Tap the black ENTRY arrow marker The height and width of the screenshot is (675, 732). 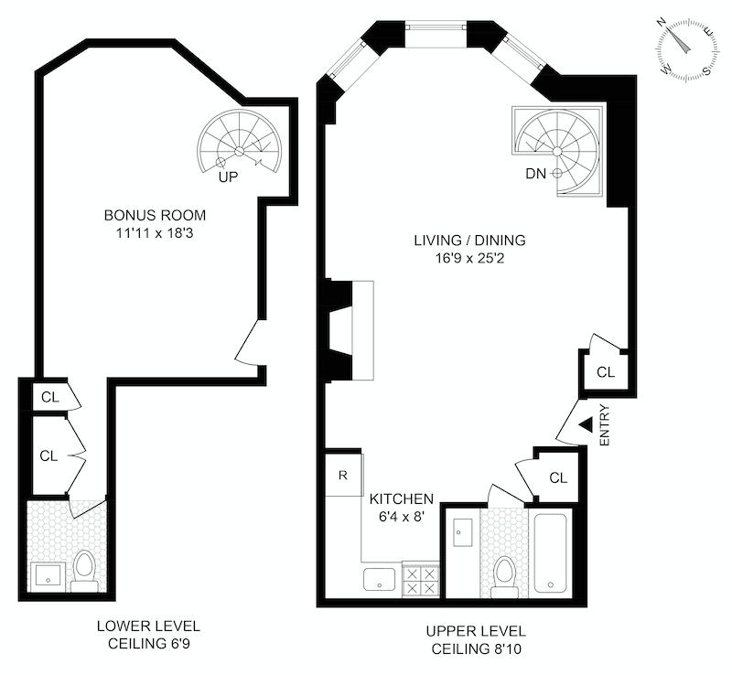coord(586,423)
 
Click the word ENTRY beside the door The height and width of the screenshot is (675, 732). coord(605,426)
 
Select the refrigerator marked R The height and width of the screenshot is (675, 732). coord(343,475)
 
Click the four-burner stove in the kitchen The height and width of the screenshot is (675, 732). coord(421,578)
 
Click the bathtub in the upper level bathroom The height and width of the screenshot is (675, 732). coord(553,553)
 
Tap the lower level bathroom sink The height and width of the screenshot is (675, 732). coord(47,575)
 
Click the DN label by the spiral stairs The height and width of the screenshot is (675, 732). coord(537,172)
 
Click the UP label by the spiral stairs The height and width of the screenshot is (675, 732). coord(228,177)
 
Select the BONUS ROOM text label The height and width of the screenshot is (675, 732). coord(155,216)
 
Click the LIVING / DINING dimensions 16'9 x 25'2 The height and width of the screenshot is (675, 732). coord(469,259)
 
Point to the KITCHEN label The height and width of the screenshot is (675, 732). coord(401,499)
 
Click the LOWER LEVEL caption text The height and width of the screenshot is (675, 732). coord(148,627)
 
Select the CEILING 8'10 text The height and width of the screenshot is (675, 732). coord(475,648)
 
